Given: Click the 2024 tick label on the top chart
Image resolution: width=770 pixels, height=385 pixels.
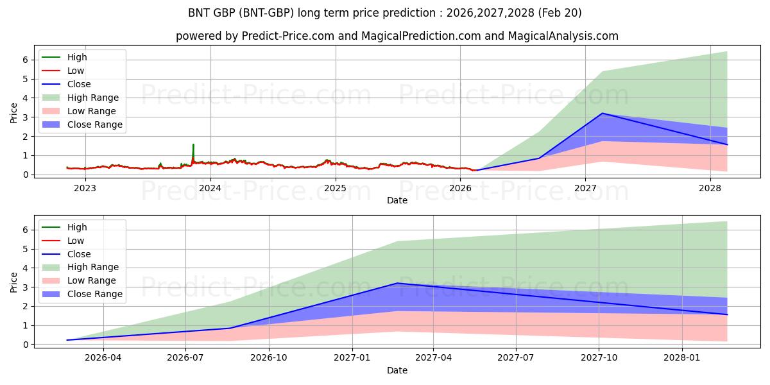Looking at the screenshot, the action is (210, 188).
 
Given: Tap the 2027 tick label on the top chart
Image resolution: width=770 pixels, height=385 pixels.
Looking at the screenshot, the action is (585, 188).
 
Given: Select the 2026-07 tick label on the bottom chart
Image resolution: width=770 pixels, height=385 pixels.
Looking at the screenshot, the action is (185, 358).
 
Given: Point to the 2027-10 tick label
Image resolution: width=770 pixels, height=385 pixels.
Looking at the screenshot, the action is (599, 358).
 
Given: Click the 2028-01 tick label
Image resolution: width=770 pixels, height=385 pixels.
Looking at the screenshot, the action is (682, 358).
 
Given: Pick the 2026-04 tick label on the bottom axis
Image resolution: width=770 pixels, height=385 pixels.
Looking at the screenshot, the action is (103, 358).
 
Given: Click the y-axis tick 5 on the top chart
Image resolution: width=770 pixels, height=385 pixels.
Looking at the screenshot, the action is (26, 79).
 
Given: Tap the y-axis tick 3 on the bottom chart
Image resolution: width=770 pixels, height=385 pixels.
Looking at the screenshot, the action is (26, 287).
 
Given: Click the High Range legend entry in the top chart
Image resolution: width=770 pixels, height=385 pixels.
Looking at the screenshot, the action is (80, 98).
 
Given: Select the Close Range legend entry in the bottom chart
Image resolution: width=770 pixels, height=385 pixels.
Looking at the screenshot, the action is (82, 294).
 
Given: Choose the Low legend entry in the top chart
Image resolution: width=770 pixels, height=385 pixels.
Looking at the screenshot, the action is (63, 71).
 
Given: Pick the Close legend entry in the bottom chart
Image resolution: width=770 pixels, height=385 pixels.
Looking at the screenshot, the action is (66, 254).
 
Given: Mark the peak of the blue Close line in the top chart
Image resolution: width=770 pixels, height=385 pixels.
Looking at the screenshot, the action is (603, 113).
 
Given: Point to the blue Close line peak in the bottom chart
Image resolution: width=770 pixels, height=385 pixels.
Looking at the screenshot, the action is (397, 283).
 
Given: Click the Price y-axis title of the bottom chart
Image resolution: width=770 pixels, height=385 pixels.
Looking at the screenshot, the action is (13, 282).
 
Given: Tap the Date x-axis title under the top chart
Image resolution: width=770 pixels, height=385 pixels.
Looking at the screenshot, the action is (397, 200).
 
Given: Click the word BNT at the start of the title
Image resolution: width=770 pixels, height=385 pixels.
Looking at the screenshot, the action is (199, 13).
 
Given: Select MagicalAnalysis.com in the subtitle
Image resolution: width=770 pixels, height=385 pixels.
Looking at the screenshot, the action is (563, 36).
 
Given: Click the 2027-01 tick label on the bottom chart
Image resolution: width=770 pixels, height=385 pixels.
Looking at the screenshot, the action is (352, 358).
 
